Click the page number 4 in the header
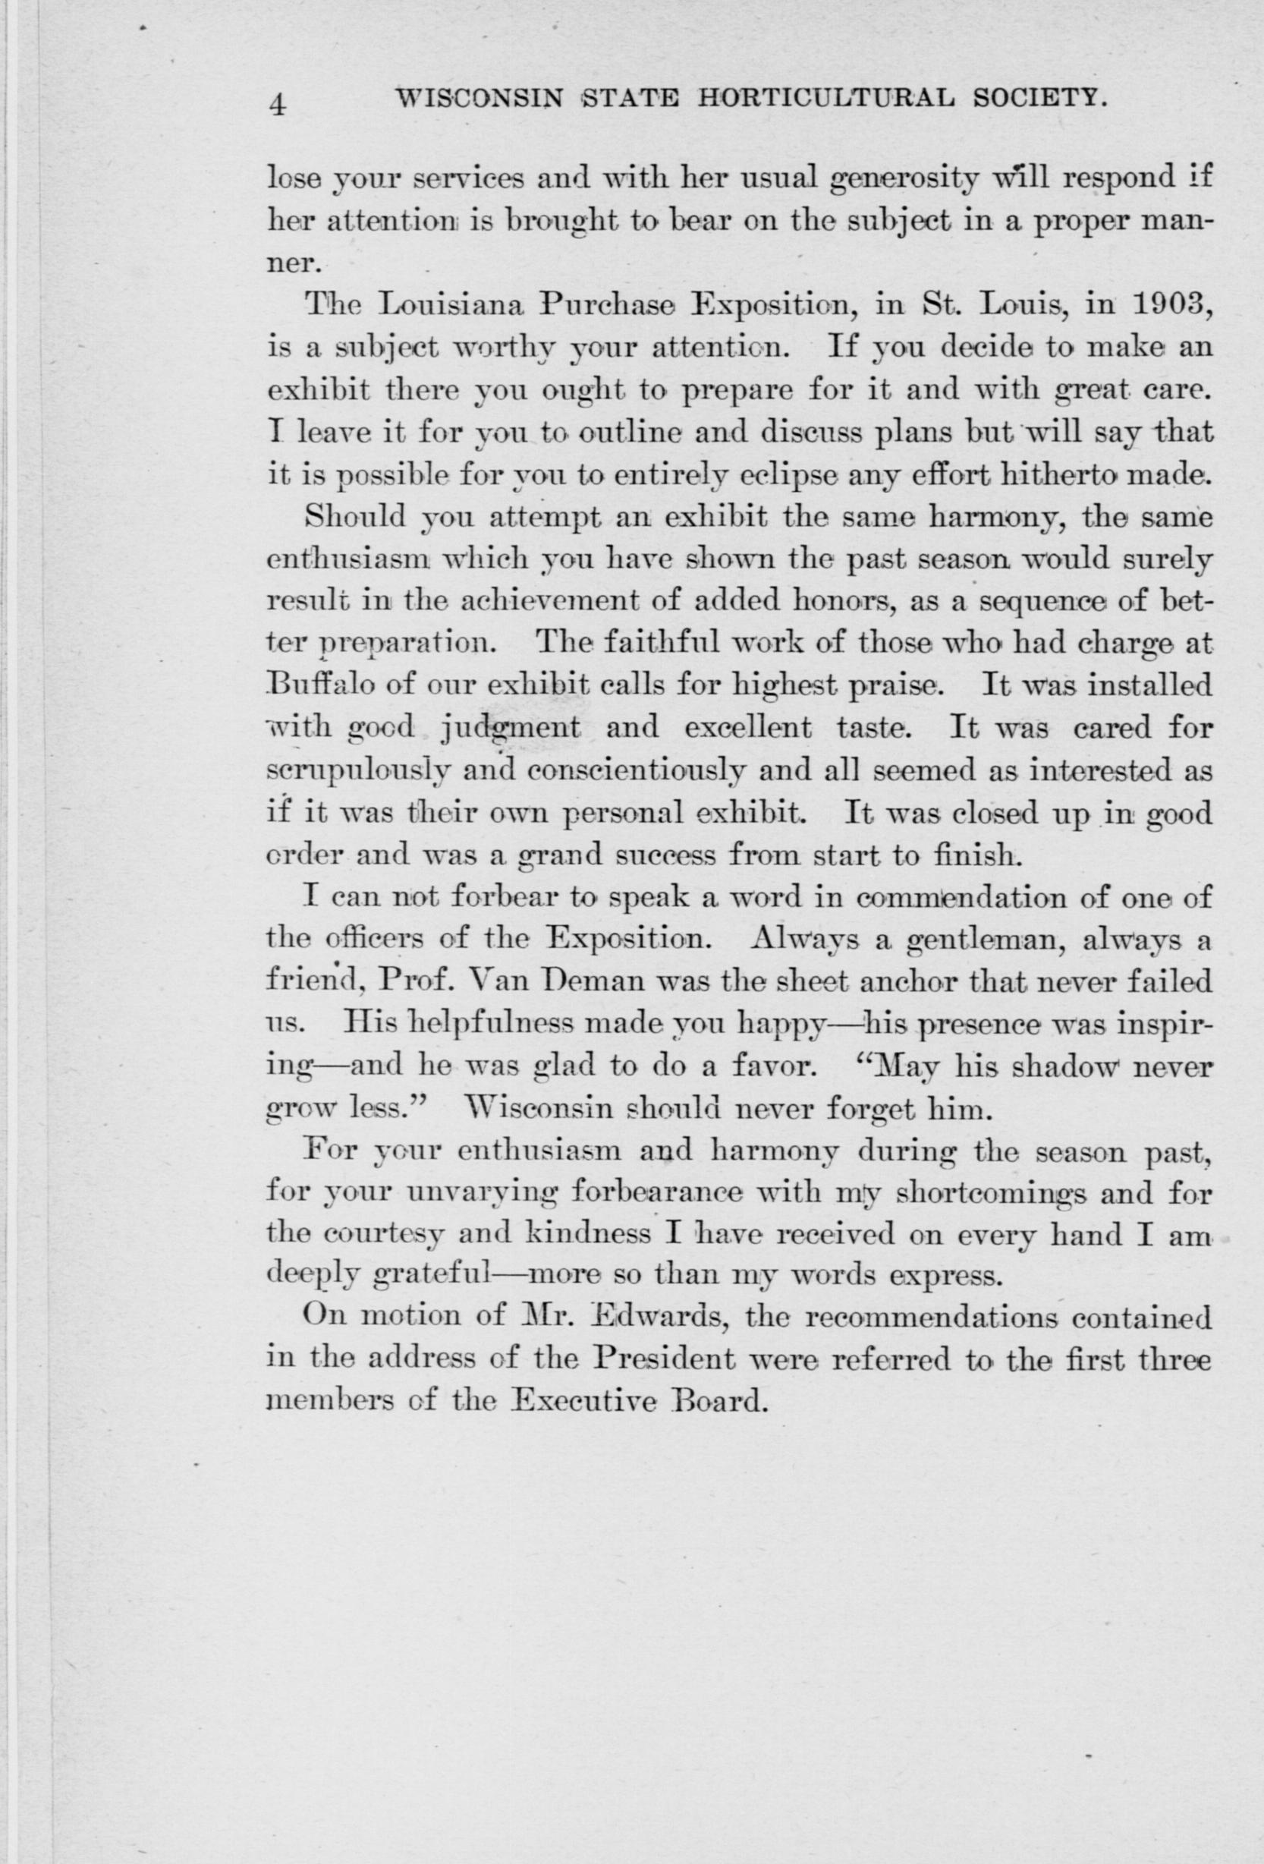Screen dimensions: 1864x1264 tap(278, 105)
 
